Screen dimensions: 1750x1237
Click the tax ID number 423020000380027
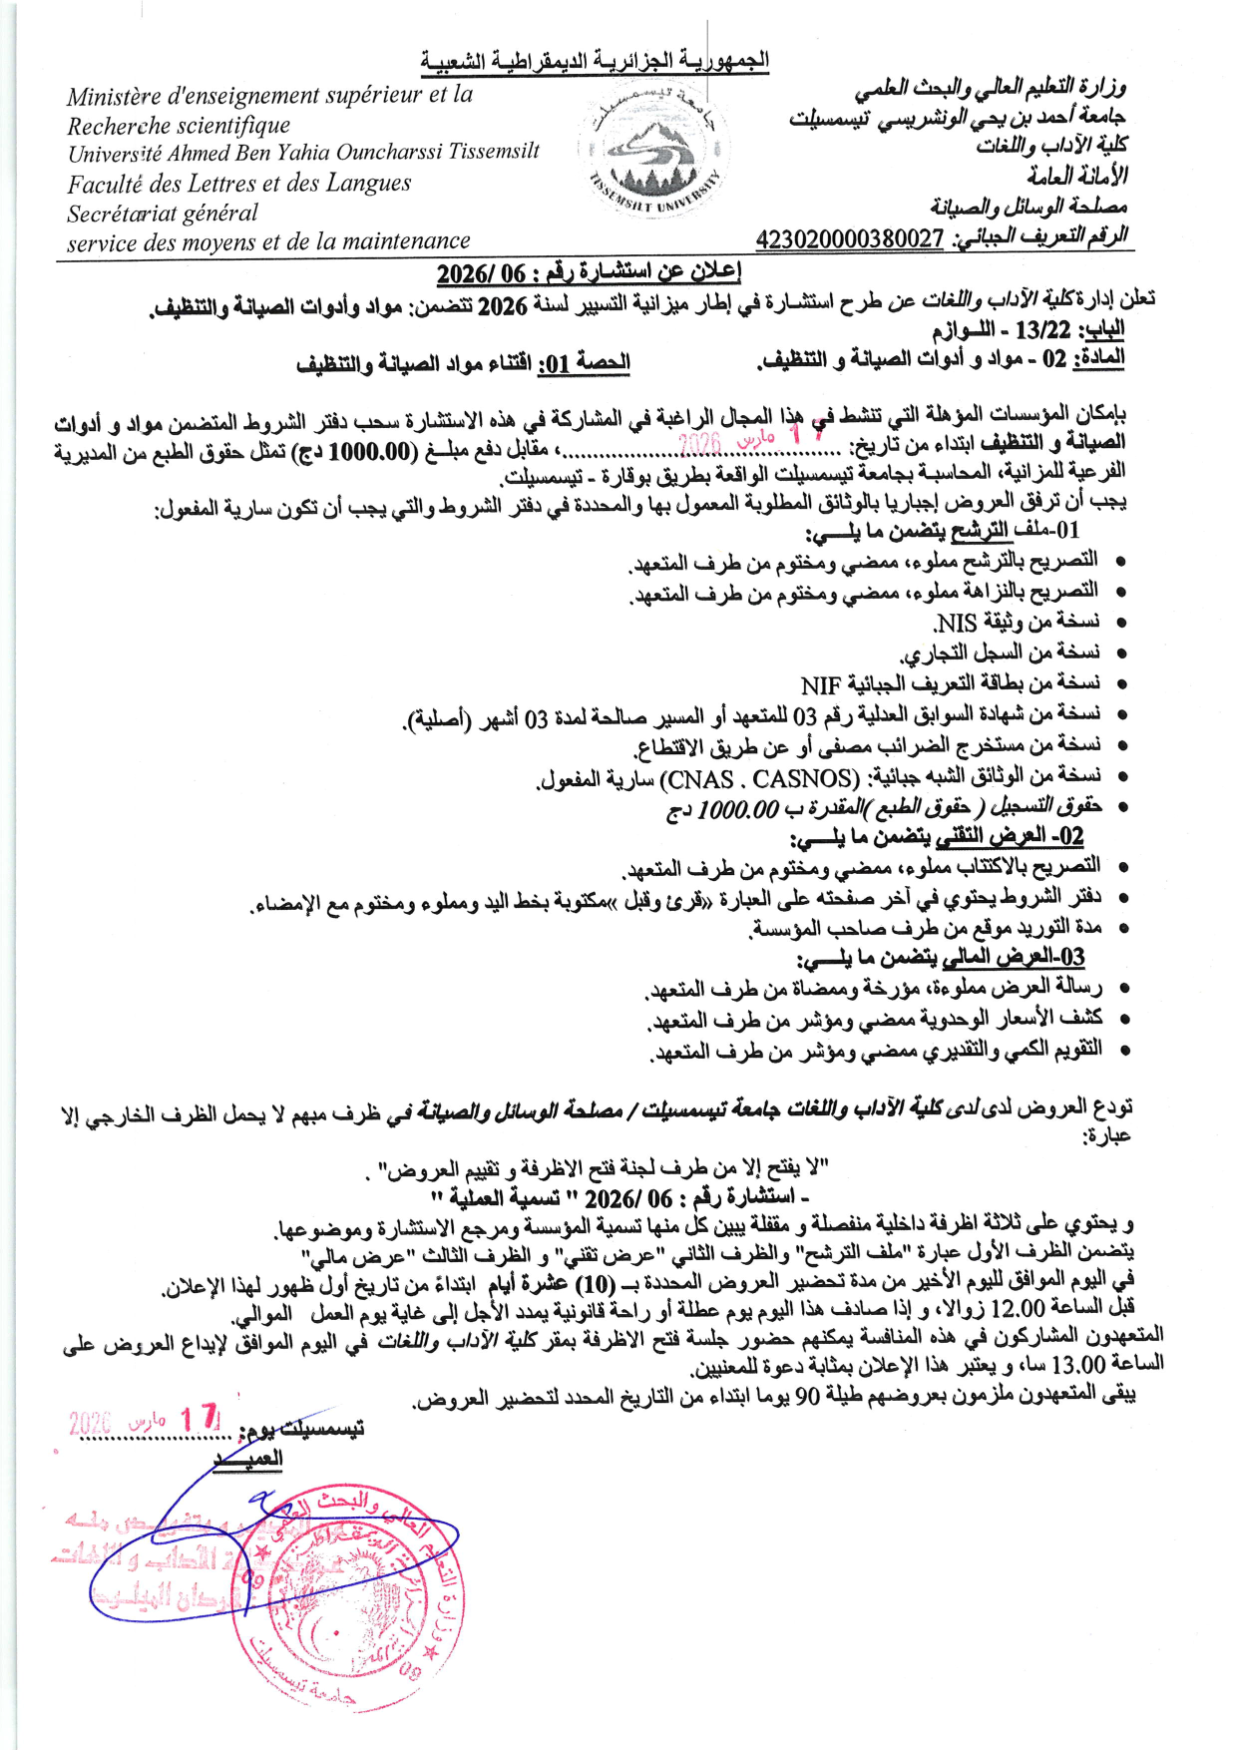pyautogui.click(x=849, y=238)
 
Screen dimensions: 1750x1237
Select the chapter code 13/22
pyautogui.click(x=1042, y=330)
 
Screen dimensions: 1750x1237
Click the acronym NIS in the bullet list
pyautogui.click(x=956, y=624)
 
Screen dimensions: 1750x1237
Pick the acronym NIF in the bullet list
pyautogui.click(x=821, y=684)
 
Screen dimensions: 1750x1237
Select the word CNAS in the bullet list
pyautogui.click(x=698, y=777)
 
